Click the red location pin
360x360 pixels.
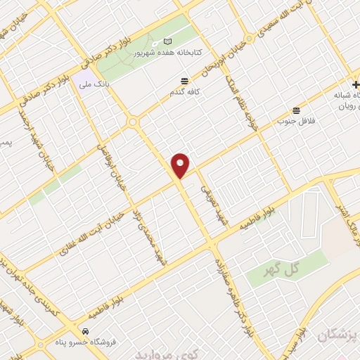pyautogui.click(x=181, y=165)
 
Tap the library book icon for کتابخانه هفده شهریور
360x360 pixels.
pyautogui.click(x=167, y=42)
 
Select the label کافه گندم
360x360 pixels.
pyautogui.click(x=184, y=92)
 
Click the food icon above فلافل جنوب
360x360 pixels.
pyautogui.click(x=296, y=110)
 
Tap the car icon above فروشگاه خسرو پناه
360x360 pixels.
pyautogui.click(x=85, y=331)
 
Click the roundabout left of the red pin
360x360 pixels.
pyautogui.click(x=132, y=122)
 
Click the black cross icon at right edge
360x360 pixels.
pyautogui.click(x=355, y=84)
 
